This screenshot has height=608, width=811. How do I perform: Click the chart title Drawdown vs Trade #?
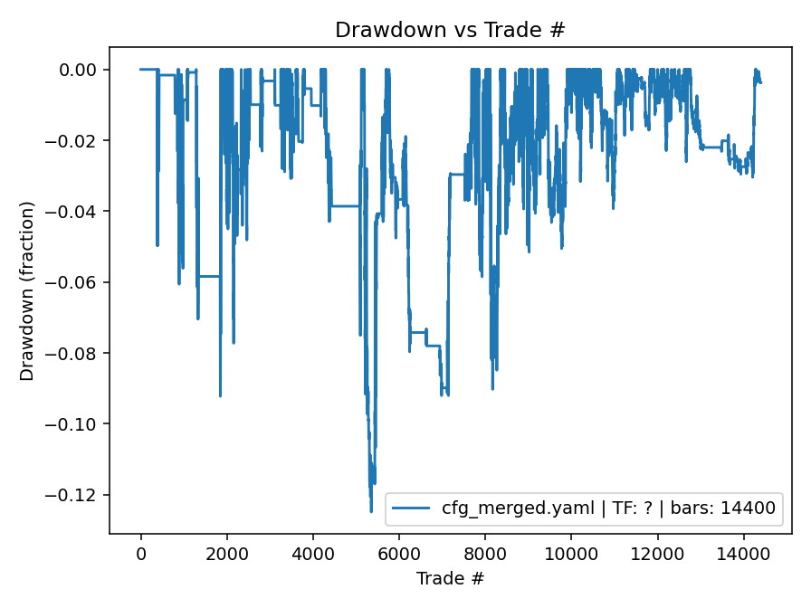(450, 29)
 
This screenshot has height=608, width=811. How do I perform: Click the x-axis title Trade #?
(450, 577)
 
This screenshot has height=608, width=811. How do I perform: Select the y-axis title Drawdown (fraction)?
(27, 290)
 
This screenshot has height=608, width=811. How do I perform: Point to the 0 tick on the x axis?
(141, 553)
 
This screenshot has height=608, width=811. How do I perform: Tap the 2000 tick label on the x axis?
(227, 553)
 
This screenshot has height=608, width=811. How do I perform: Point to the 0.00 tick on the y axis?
(84, 70)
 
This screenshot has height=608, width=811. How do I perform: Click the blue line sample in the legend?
(413, 508)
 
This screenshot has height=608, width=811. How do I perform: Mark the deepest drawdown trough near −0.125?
(371, 511)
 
